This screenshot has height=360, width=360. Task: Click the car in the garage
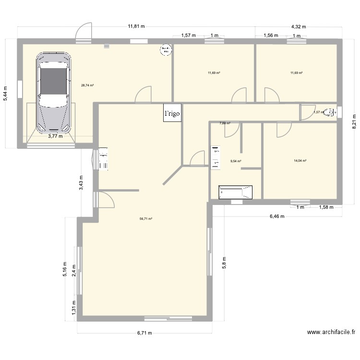point(54,92)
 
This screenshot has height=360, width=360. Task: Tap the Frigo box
point(172,113)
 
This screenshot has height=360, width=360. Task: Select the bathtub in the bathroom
point(235,192)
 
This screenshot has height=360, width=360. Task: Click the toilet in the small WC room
point(329,112)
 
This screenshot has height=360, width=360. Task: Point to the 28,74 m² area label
point(87,85)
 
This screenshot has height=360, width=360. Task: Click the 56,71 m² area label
point(146,219)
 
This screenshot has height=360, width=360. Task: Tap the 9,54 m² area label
point(236,161)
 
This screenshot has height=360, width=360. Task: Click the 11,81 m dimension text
point(136,27)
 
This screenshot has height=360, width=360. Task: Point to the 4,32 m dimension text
point(299,27)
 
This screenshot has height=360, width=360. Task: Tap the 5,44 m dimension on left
point(5,93)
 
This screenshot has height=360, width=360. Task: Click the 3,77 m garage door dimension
point(55,136)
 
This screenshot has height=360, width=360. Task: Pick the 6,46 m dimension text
point(276,216)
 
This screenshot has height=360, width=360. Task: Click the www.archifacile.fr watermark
point(331,332)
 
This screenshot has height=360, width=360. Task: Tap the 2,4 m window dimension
point(73,271)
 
